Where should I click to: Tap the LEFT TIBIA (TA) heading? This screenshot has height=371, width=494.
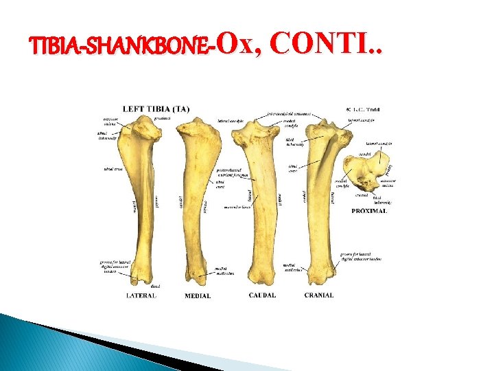tap(156, 109)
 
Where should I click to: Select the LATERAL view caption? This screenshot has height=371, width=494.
tap(141, 295)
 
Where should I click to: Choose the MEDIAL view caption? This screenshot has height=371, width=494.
tap(198, 295)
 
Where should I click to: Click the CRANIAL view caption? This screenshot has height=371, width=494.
tap(319, 295)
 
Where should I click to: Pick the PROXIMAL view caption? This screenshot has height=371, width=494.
tap(369, 211)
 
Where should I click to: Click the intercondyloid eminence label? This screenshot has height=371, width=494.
tap(288, 113)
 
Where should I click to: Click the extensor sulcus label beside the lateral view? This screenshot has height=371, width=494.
tap(112, 122)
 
